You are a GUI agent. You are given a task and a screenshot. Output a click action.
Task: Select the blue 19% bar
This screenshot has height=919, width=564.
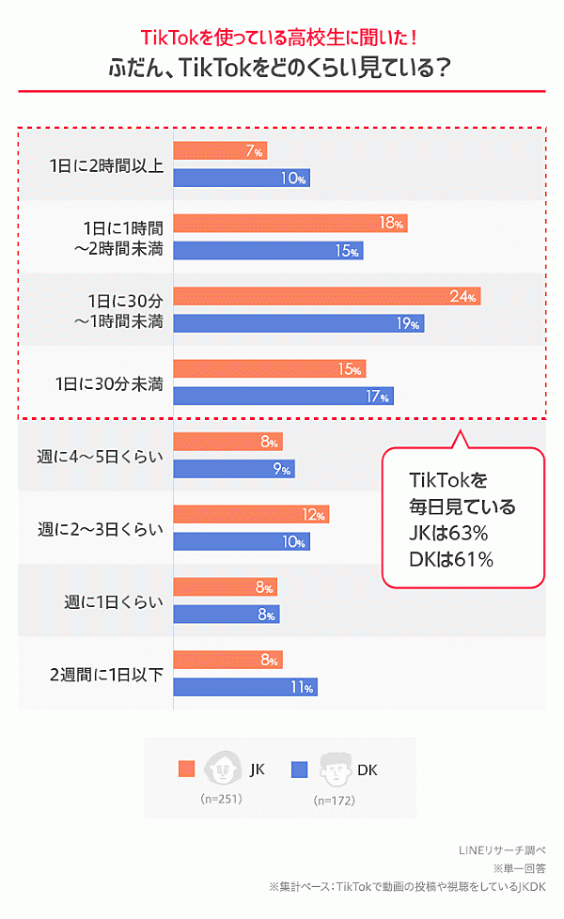299,323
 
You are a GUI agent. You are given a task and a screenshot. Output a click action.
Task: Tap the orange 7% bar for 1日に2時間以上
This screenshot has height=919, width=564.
220,150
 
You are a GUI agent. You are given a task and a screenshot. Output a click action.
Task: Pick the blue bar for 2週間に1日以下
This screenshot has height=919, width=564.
245,687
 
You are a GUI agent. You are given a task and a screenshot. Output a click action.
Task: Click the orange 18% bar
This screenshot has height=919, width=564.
290,224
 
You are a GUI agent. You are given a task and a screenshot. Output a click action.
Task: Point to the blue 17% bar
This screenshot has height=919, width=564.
283,397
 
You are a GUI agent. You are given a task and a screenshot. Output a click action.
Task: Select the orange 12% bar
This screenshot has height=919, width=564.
251,515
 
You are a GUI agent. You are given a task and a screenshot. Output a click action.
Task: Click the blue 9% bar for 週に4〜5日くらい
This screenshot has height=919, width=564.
234,469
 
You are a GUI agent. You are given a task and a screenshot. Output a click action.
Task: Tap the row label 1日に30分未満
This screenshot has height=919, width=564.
109,383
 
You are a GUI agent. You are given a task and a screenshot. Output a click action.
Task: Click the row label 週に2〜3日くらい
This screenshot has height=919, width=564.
101,528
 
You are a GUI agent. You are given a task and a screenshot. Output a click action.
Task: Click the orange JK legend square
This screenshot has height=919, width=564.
186,770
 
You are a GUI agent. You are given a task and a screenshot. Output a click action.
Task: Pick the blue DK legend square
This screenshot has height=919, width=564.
300,770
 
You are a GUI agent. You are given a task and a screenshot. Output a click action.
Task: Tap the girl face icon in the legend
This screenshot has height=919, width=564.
223,770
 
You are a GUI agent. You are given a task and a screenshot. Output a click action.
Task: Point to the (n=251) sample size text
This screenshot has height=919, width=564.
222,799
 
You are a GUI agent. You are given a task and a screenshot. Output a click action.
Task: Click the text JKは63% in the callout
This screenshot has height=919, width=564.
447,533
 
